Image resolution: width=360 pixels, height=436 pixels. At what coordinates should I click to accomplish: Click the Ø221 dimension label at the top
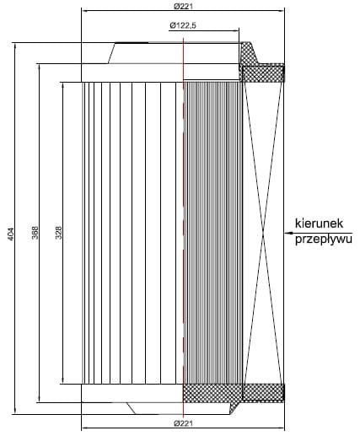click(x=183, y=6)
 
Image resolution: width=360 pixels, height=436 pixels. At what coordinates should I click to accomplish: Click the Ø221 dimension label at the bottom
click(x=183, y=423)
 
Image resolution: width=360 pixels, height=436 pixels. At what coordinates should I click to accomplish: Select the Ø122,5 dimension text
click(x=183, y=25)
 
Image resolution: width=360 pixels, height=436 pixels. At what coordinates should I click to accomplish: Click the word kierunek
click(x=319, y=223)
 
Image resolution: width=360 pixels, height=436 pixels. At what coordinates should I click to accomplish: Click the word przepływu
click(x=324, y=240)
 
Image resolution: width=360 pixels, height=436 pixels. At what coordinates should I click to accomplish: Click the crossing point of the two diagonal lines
click(x=263, y=233)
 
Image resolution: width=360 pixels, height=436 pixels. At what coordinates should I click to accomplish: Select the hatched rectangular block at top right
click(x=263, y=73)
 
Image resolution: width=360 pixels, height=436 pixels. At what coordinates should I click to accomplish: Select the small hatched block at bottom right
click(x=263, y=392)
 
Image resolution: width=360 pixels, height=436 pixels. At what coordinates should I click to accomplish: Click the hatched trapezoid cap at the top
click(x=249, y=53)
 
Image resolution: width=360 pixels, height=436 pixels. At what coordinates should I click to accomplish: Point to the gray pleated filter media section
click(x=212, y=233)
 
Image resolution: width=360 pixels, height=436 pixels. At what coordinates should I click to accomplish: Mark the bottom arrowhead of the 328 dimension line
click(x=62, y=380)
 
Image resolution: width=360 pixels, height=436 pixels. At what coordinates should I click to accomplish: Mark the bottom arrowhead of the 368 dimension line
click(x=39, y=399)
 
